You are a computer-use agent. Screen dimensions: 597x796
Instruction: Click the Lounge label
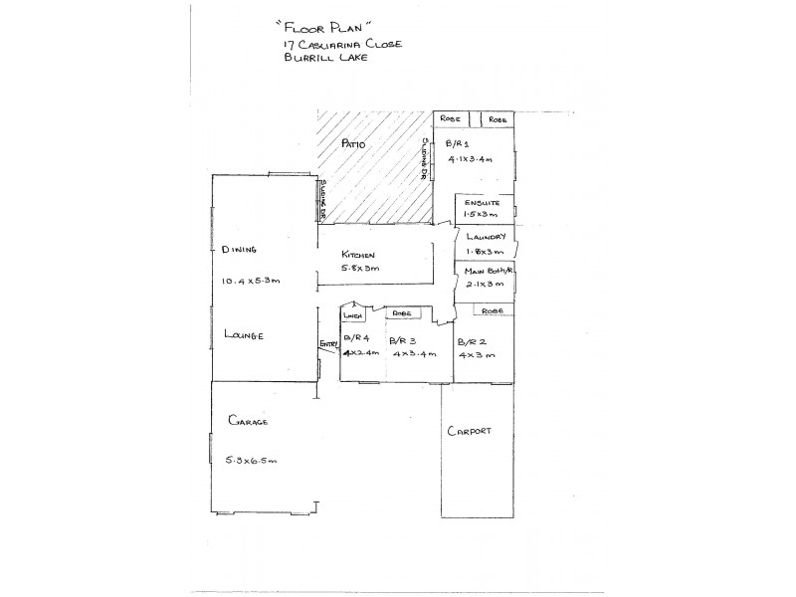pyautogui.click(x=244, y=335)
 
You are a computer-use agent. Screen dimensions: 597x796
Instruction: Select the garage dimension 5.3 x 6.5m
pyautogui.click(x=252, y=460)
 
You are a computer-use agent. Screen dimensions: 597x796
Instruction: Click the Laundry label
pyautogui.click(x=487, y=237)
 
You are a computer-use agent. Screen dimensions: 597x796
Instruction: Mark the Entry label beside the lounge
pyautogui.click(x=327, y=345)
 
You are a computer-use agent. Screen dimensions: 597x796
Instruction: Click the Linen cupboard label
pyautogui.click(x=350, y=315)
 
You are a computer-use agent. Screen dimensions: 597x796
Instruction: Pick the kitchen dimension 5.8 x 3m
pyautogui.click(x=359, y=270)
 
